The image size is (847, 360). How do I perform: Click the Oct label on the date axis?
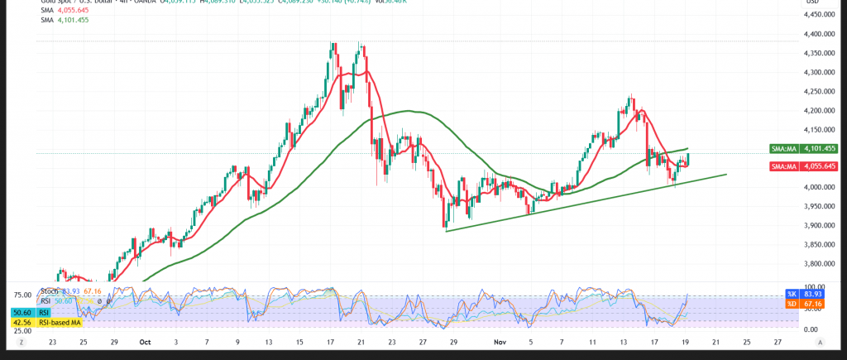coord(146,341)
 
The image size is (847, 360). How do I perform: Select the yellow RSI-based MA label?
coord(62,322)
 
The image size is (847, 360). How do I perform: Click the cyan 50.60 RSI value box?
coord(22,312)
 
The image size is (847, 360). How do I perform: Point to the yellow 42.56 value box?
coord(22,322)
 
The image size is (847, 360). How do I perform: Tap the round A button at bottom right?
coord(820,341)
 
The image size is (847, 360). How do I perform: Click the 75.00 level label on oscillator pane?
coord(22,295)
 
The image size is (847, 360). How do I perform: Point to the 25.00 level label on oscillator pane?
coord(22,330)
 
